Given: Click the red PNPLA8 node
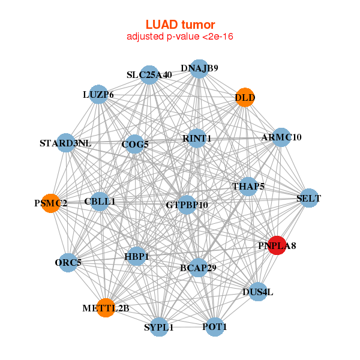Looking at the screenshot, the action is (277, 245).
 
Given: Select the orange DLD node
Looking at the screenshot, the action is (245, 97).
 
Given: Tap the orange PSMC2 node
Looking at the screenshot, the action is (51, 203).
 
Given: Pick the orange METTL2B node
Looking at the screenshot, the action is (106, 308).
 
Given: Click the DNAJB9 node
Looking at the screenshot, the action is (199, 68).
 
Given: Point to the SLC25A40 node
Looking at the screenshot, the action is (149, 75).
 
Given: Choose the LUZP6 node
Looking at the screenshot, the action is (98, 94).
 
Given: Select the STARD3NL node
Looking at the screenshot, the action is (66, 143).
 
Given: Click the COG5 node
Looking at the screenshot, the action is (135, 144).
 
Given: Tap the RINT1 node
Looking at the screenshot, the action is (197, 139).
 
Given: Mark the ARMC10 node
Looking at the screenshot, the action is (281, 137).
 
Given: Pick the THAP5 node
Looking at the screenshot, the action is (248, 187).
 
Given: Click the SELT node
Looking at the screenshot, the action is (309, 198).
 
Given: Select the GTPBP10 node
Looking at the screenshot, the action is (187, 205).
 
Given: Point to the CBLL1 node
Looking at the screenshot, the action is (100, 202).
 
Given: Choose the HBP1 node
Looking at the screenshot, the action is (137, 256).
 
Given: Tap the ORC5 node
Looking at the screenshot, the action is (68, 263).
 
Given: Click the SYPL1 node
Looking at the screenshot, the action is (159, 327).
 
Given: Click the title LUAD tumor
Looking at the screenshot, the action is (180, 25).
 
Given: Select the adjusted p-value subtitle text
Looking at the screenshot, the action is (180, 37).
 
